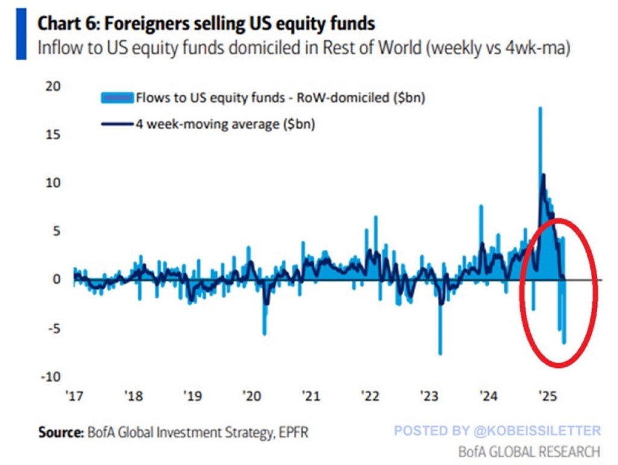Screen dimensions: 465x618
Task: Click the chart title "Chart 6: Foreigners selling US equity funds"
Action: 206,24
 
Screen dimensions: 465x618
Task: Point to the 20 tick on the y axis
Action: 53,86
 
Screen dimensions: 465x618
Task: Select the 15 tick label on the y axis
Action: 53,134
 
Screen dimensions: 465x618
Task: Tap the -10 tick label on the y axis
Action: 51,376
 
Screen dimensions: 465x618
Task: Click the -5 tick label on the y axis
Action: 53,328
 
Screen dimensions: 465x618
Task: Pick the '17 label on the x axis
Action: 74,397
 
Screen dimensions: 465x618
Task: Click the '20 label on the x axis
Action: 252,397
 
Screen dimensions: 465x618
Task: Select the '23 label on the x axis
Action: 429,397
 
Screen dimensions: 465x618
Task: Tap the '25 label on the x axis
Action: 547,397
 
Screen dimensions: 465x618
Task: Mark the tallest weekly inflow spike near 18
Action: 540,109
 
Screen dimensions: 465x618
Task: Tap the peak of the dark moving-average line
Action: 543,176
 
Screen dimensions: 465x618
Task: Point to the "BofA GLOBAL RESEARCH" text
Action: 529,451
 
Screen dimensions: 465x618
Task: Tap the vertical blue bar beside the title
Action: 21,36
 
